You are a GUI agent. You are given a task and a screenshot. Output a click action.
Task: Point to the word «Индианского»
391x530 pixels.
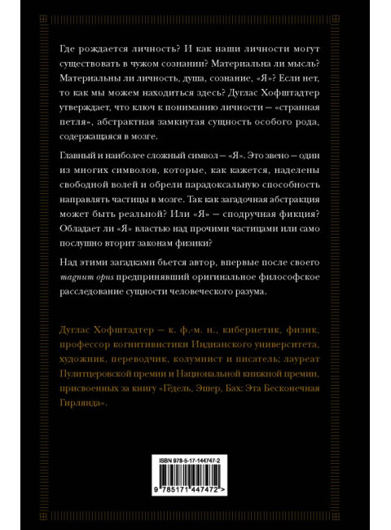(x=225, y=342)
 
